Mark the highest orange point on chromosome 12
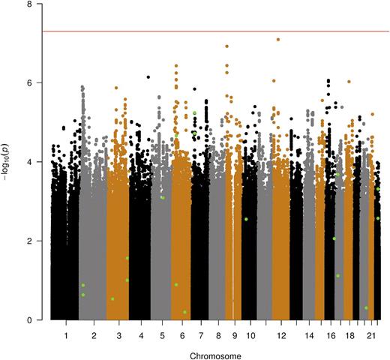[278, 40]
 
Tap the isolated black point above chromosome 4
[148, 77]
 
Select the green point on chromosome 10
[246, 219]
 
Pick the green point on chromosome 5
[163, 197]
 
